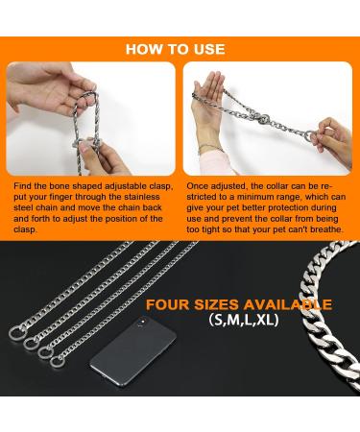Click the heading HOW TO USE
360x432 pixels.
click(180, 49)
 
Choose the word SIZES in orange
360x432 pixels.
click(222, 306)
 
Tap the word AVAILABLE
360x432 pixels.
click(291, 306)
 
